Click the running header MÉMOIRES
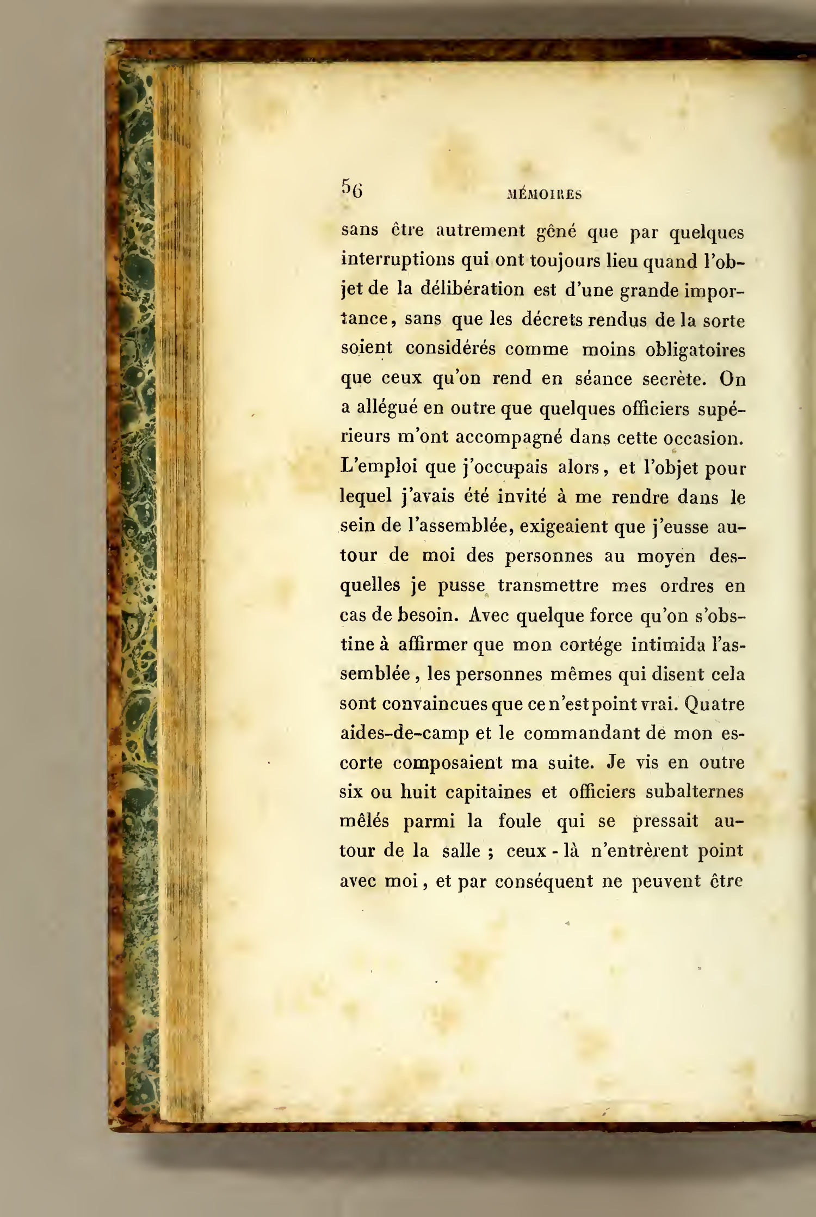pos(543,195)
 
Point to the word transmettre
pos(548,586)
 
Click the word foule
pos(520,821)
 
